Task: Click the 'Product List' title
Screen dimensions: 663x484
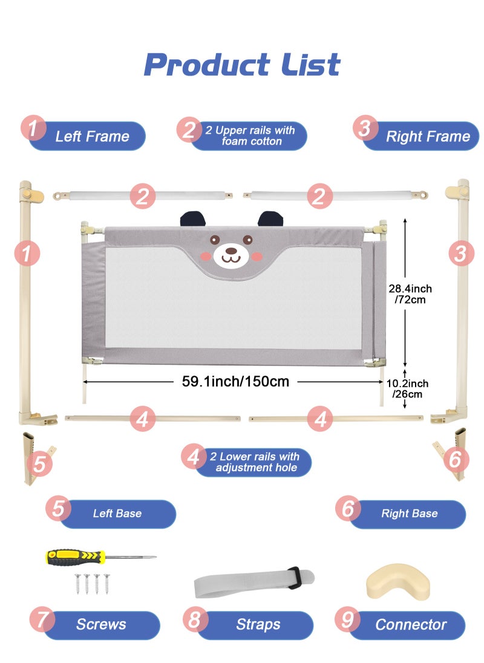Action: click(242, 65)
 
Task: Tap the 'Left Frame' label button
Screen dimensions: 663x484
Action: click(92, 136)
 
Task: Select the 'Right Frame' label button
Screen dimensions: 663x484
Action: click(427, 136)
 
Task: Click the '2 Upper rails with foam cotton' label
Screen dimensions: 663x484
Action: click(250, 136)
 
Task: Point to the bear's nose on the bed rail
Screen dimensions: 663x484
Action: click(231, 249)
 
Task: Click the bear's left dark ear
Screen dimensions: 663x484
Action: click(189, 218)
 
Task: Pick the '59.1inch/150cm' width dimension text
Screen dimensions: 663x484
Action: click(235, 382)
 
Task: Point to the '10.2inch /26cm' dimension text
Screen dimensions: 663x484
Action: click(407, 388)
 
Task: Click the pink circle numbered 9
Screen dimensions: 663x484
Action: click(347, 620)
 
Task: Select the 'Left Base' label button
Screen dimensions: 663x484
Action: click(117, 514)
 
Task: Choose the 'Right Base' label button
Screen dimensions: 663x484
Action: click(409, 514)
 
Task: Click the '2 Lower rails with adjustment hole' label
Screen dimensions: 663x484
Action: click(254, 462)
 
